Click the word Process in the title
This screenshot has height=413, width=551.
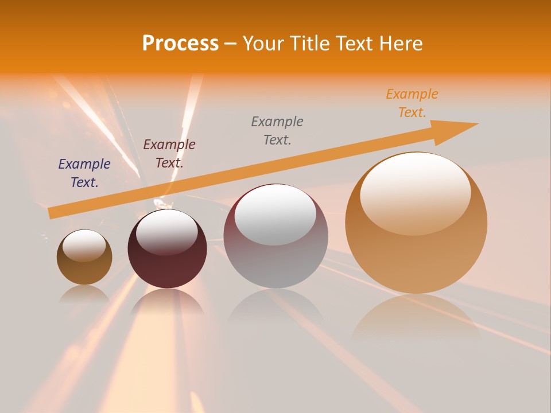pyautogui.click(x=180, y=44)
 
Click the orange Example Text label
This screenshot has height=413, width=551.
pyautogui.click(x=412, y=103)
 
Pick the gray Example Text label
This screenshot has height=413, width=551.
pyautogui.click(x=277, y=130)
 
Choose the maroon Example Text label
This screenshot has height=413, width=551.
pyautogui.click(x=169, y=153)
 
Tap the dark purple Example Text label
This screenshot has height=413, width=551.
pyautogui.click(x=84, y=173)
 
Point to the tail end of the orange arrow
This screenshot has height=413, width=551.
pyautogui.click(x=53, y=212)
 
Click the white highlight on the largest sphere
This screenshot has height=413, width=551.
pyautogui.click(x=416, y=192)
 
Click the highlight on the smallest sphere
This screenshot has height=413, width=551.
pyautogui.click(x=84, y=245)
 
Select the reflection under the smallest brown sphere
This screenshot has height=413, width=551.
pyautogui.click(x=84, y=294)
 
